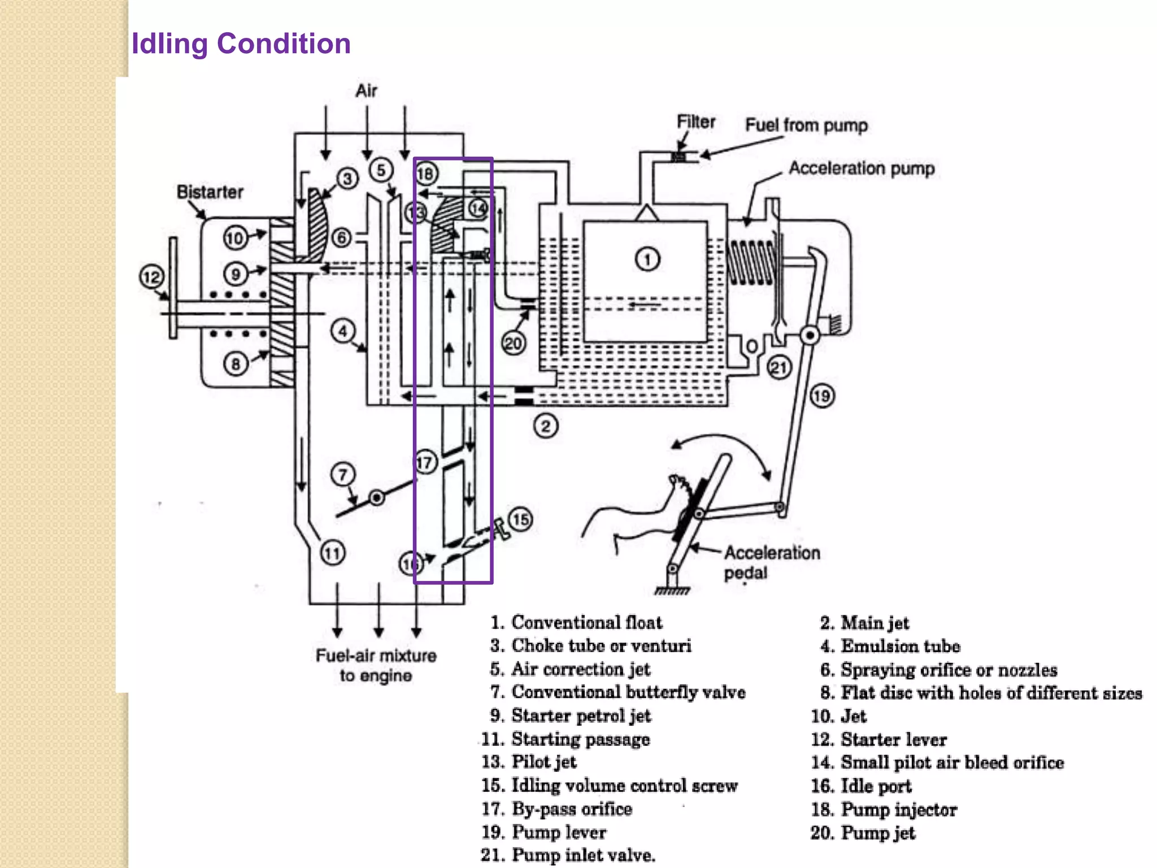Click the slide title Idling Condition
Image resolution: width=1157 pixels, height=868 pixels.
click(x=241, y=44)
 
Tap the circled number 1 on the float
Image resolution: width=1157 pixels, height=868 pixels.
click(x=647, y=259)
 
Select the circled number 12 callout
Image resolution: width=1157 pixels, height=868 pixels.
click(x=151, y=277)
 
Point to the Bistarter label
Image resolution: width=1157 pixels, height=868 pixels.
click(x=210, y=192)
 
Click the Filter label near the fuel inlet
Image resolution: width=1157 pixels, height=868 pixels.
click(x=695, y=122)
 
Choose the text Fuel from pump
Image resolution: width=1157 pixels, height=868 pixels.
click(x=806, y=125)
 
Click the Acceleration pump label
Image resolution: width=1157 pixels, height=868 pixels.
click(x=862, y=168)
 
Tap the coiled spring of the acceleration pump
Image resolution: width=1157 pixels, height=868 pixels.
click(x=751, y=262)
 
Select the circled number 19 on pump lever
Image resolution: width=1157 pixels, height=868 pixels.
click(x=822, y=396)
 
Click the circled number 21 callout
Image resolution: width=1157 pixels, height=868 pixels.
click(x=779, y=368)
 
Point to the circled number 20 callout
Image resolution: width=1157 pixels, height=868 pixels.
click(x=513, y=343)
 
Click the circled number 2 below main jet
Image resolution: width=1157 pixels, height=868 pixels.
click(x=545, y=426)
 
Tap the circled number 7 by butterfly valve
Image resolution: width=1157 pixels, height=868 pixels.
click(x=343, y=475)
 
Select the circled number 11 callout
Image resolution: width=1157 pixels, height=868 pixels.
click(x=333, y=553)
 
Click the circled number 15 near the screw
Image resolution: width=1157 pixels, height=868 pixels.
click(x=520, y=519)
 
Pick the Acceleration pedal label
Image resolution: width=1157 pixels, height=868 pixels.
click(x=771, y=562)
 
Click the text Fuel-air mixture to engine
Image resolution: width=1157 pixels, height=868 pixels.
click(x=376, y=665)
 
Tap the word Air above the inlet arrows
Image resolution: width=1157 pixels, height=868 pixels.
click(x=366, y=91)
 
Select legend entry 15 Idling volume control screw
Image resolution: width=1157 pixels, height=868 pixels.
click(x=610, y=785)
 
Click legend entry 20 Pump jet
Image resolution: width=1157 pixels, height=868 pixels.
click(x=863, y=832)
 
